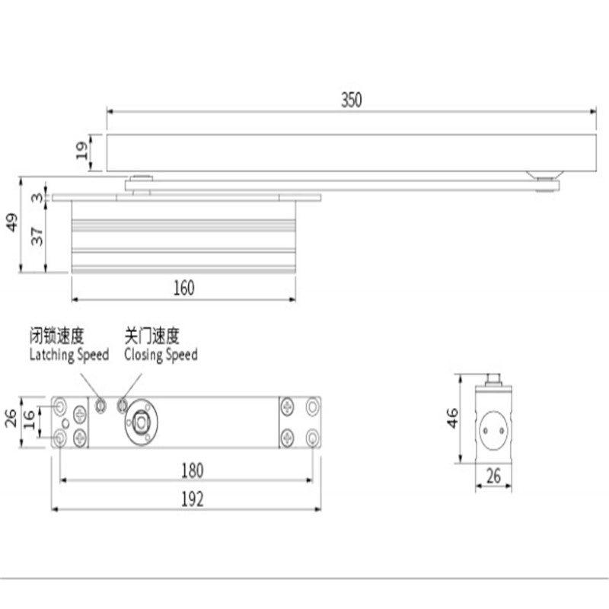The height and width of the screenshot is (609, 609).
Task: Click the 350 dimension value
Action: point(351,100)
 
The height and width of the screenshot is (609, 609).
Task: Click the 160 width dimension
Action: point(183,288)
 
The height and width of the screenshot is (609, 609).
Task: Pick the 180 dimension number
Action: point(193,470)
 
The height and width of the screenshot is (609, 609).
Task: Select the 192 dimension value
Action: point(193,499)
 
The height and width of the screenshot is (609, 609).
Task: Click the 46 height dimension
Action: point(453,418)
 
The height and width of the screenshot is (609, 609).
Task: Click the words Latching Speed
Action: point(69,355)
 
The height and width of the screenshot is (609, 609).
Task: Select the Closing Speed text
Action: point(161,355)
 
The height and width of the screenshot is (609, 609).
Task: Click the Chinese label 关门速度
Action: point(152,336)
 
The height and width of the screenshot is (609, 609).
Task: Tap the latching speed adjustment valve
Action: point(101,406)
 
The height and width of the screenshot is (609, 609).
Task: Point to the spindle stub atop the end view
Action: point(494,378)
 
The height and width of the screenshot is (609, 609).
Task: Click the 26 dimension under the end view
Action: point(494,477)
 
